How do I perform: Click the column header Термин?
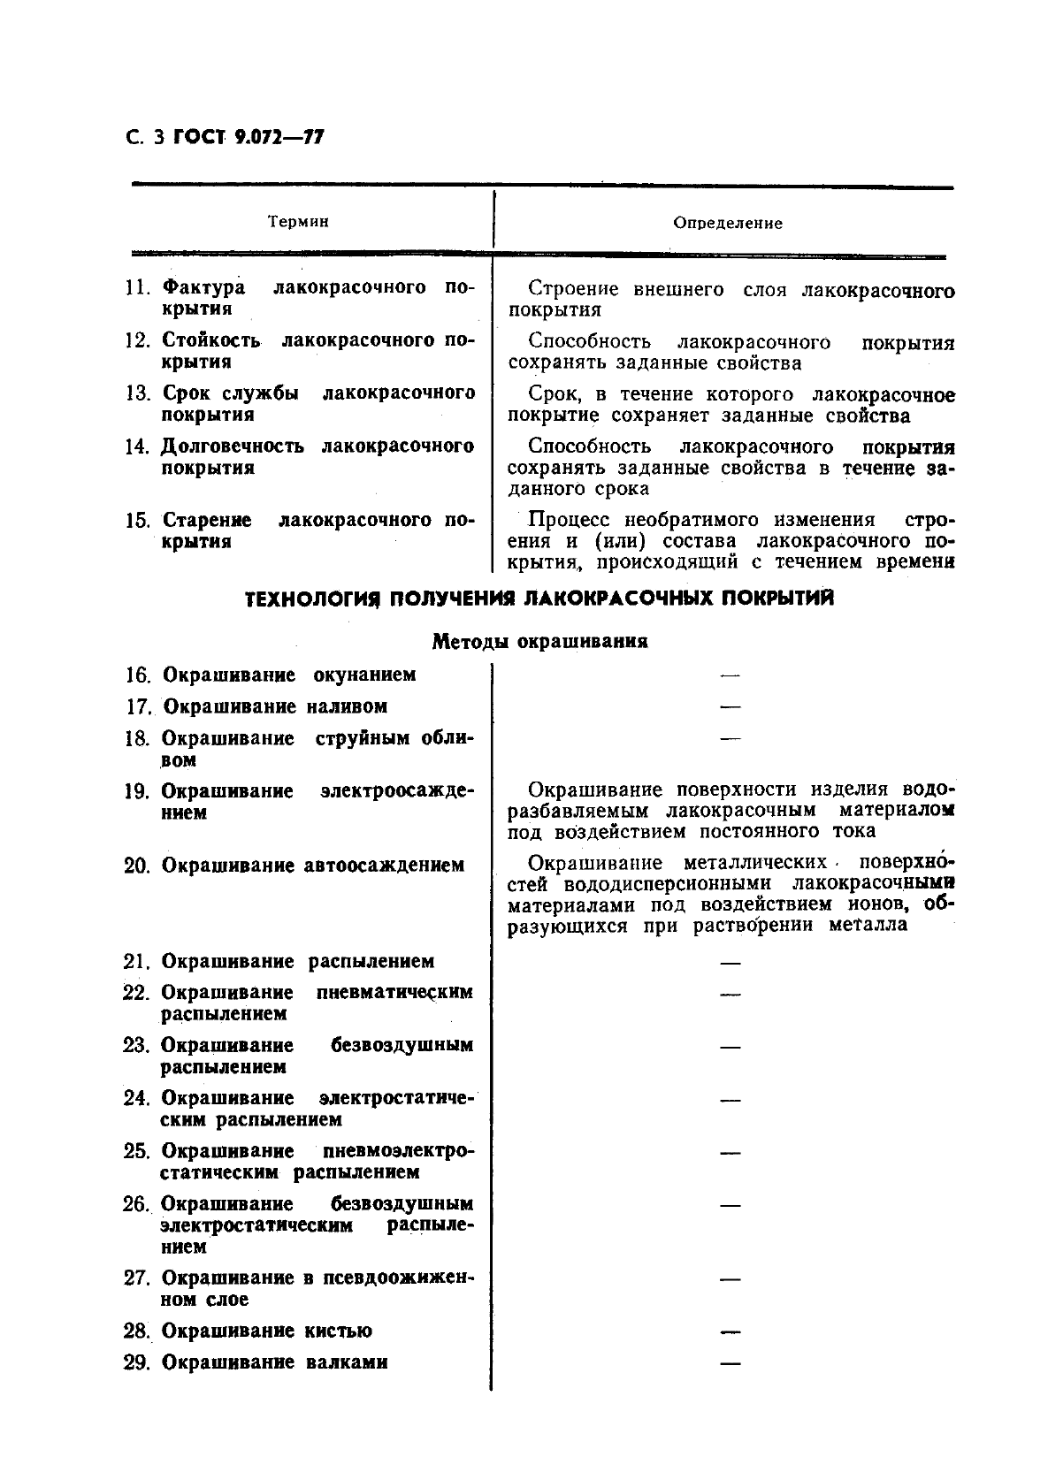[x=298, y=222]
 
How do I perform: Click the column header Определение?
[x=727, y=224]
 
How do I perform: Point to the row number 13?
[x=138, y=393]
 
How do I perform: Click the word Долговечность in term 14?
[x=233, y=446]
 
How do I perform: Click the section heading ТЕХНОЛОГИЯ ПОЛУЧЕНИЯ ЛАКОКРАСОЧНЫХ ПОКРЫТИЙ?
[x=539, y=599]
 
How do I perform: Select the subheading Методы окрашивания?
[x=539, y=642]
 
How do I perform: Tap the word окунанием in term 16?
[x=364, y=675]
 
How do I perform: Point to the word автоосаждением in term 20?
[x=384, y=865]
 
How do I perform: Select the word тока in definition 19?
[x=853, y=830]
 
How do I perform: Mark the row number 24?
[x=136, y=1098]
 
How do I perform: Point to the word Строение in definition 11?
[x=575, y=289]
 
